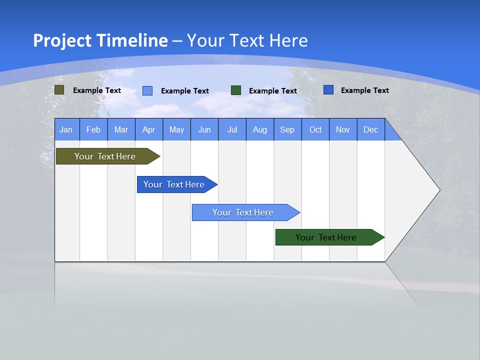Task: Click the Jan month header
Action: tap(66, 129)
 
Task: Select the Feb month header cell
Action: tap(93, 129)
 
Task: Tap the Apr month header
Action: tap(149, 129)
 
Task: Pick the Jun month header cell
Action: tap(204, 129)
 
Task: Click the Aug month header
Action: tap(260, 129)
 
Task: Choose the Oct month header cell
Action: tap(315, 129)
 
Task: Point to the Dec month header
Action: tap(371, 129)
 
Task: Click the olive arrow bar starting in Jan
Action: tap(105, 156)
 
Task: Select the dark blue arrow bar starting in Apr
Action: tap(174, 184)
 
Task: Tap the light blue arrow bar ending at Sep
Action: tap(243, 212)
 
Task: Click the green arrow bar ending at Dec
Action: tap(326, 237)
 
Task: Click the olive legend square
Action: tap(59, 90)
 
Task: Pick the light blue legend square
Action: tap(147, 90)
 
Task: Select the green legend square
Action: tap(236, 90)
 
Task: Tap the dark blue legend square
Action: tap(328, 90)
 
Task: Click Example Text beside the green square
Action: tap(273, 91)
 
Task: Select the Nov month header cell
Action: tap(343, 129)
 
